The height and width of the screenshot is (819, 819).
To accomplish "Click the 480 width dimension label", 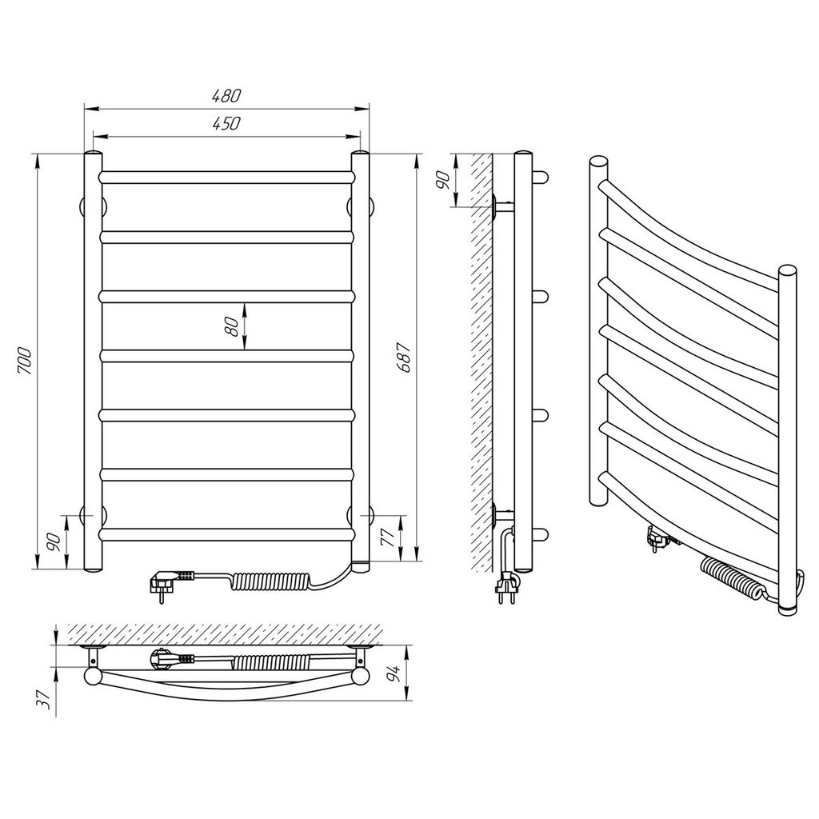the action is [x=226, y=96].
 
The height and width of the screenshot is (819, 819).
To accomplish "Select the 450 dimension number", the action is [x=226, y=123].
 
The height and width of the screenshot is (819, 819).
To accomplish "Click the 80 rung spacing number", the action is [x=233, y=326].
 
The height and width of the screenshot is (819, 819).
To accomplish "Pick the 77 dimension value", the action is [x=388, y=537].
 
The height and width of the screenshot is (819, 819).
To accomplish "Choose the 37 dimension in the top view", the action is [x=46, y=698].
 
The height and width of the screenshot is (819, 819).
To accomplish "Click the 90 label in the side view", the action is [x=442, y=180].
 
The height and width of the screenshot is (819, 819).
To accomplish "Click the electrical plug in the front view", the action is [x=173, y=581].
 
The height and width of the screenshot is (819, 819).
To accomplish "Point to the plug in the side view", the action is [x=506, y=584].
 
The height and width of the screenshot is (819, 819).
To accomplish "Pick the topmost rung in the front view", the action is [x=226, y=177].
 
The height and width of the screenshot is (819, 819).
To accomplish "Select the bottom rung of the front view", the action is [x=226, y=534].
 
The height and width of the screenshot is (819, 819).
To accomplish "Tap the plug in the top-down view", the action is [x=173, y=658].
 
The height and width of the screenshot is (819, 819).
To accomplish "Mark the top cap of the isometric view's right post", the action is [x=787, y=272].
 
